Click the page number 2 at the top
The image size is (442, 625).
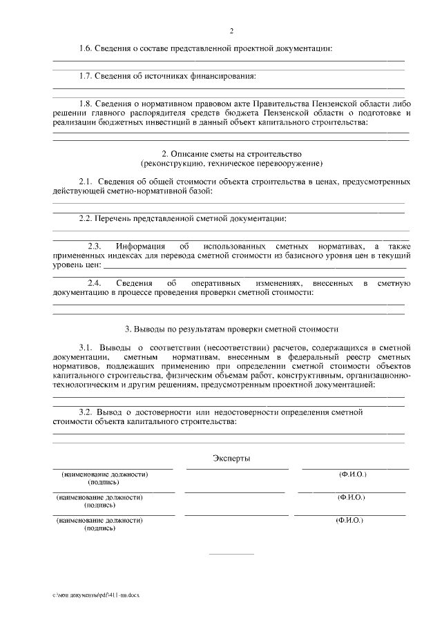point(232,31)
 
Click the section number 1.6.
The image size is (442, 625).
point(86,48)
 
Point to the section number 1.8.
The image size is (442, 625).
point(86,102)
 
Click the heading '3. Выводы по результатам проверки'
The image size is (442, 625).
point(231,328)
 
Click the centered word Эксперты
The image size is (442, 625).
point(231,458)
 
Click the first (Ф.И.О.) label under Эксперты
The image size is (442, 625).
point(352,474)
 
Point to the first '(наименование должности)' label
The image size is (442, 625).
point(104,474)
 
